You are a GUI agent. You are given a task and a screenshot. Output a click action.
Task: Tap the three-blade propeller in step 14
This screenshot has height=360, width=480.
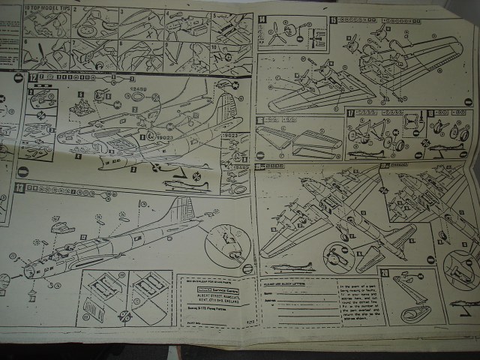point(280,33)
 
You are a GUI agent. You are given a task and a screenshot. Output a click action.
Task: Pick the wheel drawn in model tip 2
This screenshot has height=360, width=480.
point(87,29)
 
